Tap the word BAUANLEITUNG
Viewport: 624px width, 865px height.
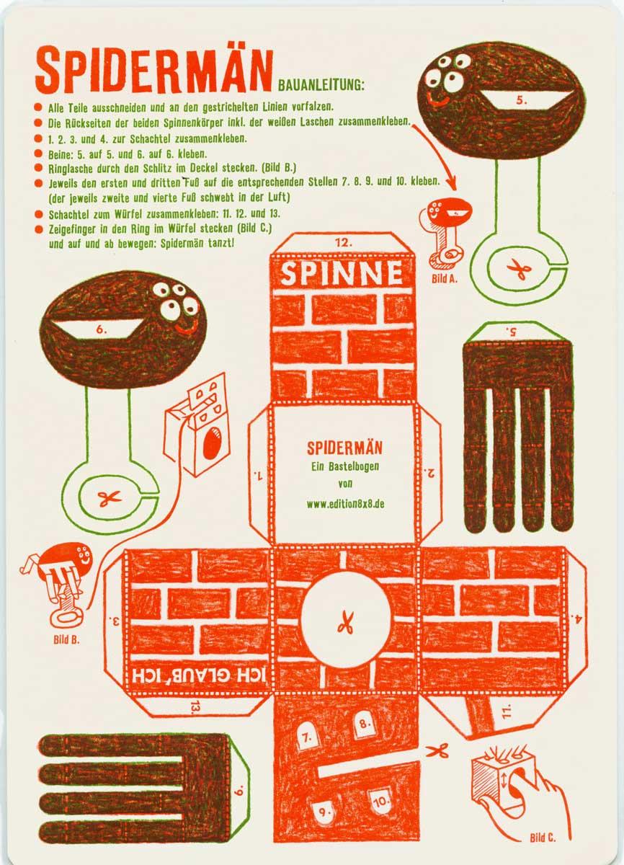(321, 85)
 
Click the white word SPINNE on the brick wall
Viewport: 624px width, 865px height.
(342, 273)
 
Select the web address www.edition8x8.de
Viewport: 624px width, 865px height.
(345, 504)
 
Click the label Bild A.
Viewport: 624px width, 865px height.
(444, 279)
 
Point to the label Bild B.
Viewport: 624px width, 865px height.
(66, 640)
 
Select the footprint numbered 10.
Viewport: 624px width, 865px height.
(380, 802)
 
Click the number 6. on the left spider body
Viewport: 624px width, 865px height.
(101, 329)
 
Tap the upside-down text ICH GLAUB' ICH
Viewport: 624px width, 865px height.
(199, 676)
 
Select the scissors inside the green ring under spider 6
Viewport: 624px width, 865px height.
(110, 498)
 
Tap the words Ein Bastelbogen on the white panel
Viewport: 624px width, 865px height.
(345, 466)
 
